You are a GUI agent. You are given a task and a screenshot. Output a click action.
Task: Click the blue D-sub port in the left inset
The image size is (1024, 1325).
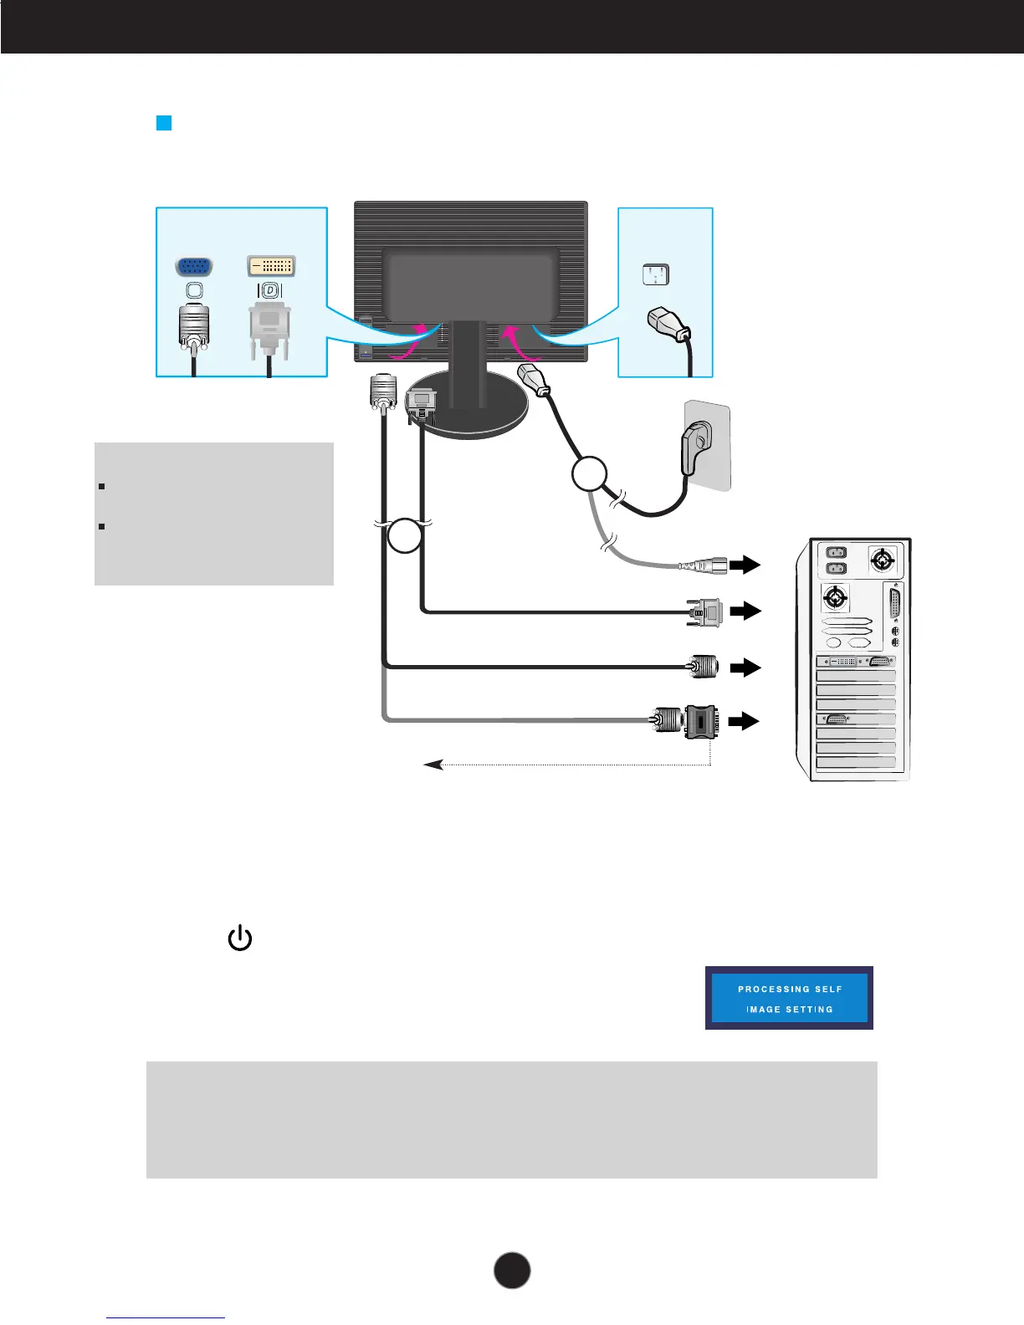pyautogui.click(x=193, y=266)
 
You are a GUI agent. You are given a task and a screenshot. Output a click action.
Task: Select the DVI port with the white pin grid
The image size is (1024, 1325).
pyautogui.click(x=271, y=266)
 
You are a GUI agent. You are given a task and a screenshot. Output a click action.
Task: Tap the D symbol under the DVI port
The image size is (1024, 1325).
pyautogui.click(x=270, y=291)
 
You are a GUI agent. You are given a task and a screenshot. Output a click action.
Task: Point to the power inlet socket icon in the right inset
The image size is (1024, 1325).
pyautogui.click(x=656, y=274)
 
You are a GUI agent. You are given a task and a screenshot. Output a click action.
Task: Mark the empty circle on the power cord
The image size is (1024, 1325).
pyautogui.click(x=589, y=474)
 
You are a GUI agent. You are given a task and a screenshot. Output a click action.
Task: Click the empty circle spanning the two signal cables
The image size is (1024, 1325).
pyautogui.click(x=405, y=535)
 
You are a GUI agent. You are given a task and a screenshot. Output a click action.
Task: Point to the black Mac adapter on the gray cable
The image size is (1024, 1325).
pyautogui.click(x=699, y=720)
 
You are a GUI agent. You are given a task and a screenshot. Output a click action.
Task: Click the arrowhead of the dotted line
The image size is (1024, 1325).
pyautogui.click(x=433, y=765)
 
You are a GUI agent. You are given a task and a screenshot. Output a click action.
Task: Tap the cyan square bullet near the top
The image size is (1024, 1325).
pyautogui.click(x=164, y=124)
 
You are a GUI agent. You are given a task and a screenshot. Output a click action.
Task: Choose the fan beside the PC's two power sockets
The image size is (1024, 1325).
pyautogui.click(x=883, y=559)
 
